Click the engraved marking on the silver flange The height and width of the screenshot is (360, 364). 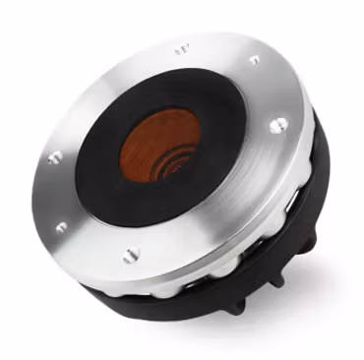pos(182,46)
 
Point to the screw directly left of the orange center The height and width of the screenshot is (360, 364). pos(54,156)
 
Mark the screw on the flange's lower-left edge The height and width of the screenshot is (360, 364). pos(61,227)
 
